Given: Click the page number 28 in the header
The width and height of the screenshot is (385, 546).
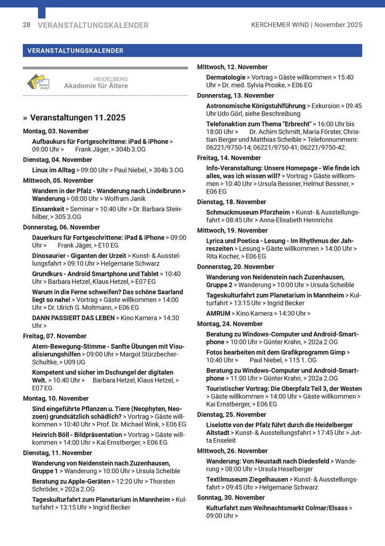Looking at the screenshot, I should (27, 25).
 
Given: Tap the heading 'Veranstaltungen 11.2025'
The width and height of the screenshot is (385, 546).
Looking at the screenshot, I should (78, 117).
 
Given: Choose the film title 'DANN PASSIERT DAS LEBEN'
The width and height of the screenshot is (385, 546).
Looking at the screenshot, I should (73, 318).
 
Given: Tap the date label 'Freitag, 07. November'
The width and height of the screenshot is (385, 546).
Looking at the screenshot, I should (54, 336).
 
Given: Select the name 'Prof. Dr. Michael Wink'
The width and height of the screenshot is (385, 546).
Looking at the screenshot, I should (137, 424).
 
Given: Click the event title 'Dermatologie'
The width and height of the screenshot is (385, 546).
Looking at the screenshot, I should (226, 77).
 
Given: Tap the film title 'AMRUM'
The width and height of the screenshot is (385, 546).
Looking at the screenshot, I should (218, 314).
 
